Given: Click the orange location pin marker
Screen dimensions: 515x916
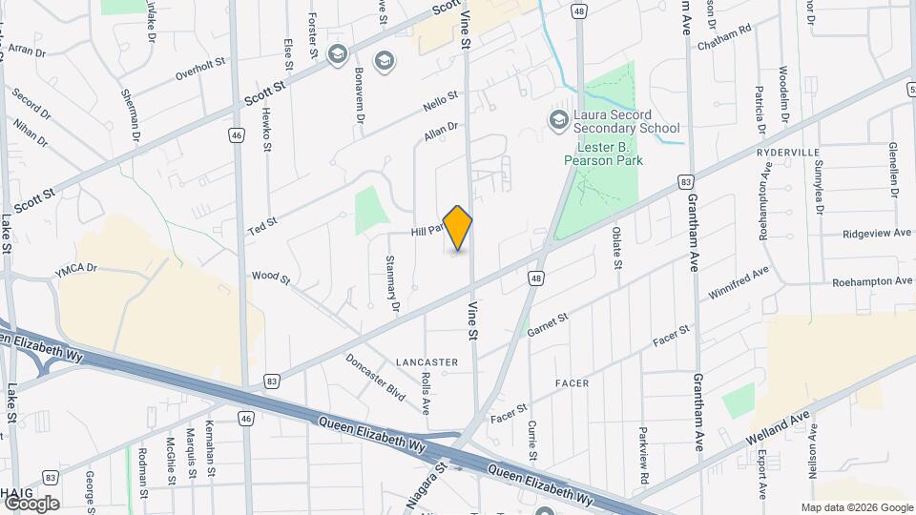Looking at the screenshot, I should (x=458, y=228).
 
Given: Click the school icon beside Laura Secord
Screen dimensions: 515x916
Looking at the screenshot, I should (x=557, y=119).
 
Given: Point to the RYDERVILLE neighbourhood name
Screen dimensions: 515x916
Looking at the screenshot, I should (x=788, y=153).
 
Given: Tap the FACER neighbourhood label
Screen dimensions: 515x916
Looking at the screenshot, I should (x=572, y=382).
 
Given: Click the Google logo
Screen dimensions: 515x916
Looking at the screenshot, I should (x=31, y=503).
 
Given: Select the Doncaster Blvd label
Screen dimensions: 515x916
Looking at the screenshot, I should (x=376, y=377).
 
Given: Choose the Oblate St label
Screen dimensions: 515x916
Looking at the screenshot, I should (x=616, y=246).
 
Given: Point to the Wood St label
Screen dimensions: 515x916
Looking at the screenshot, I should (x=271, y=278).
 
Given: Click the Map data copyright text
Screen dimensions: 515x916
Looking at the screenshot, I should (x=856, y=507).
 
